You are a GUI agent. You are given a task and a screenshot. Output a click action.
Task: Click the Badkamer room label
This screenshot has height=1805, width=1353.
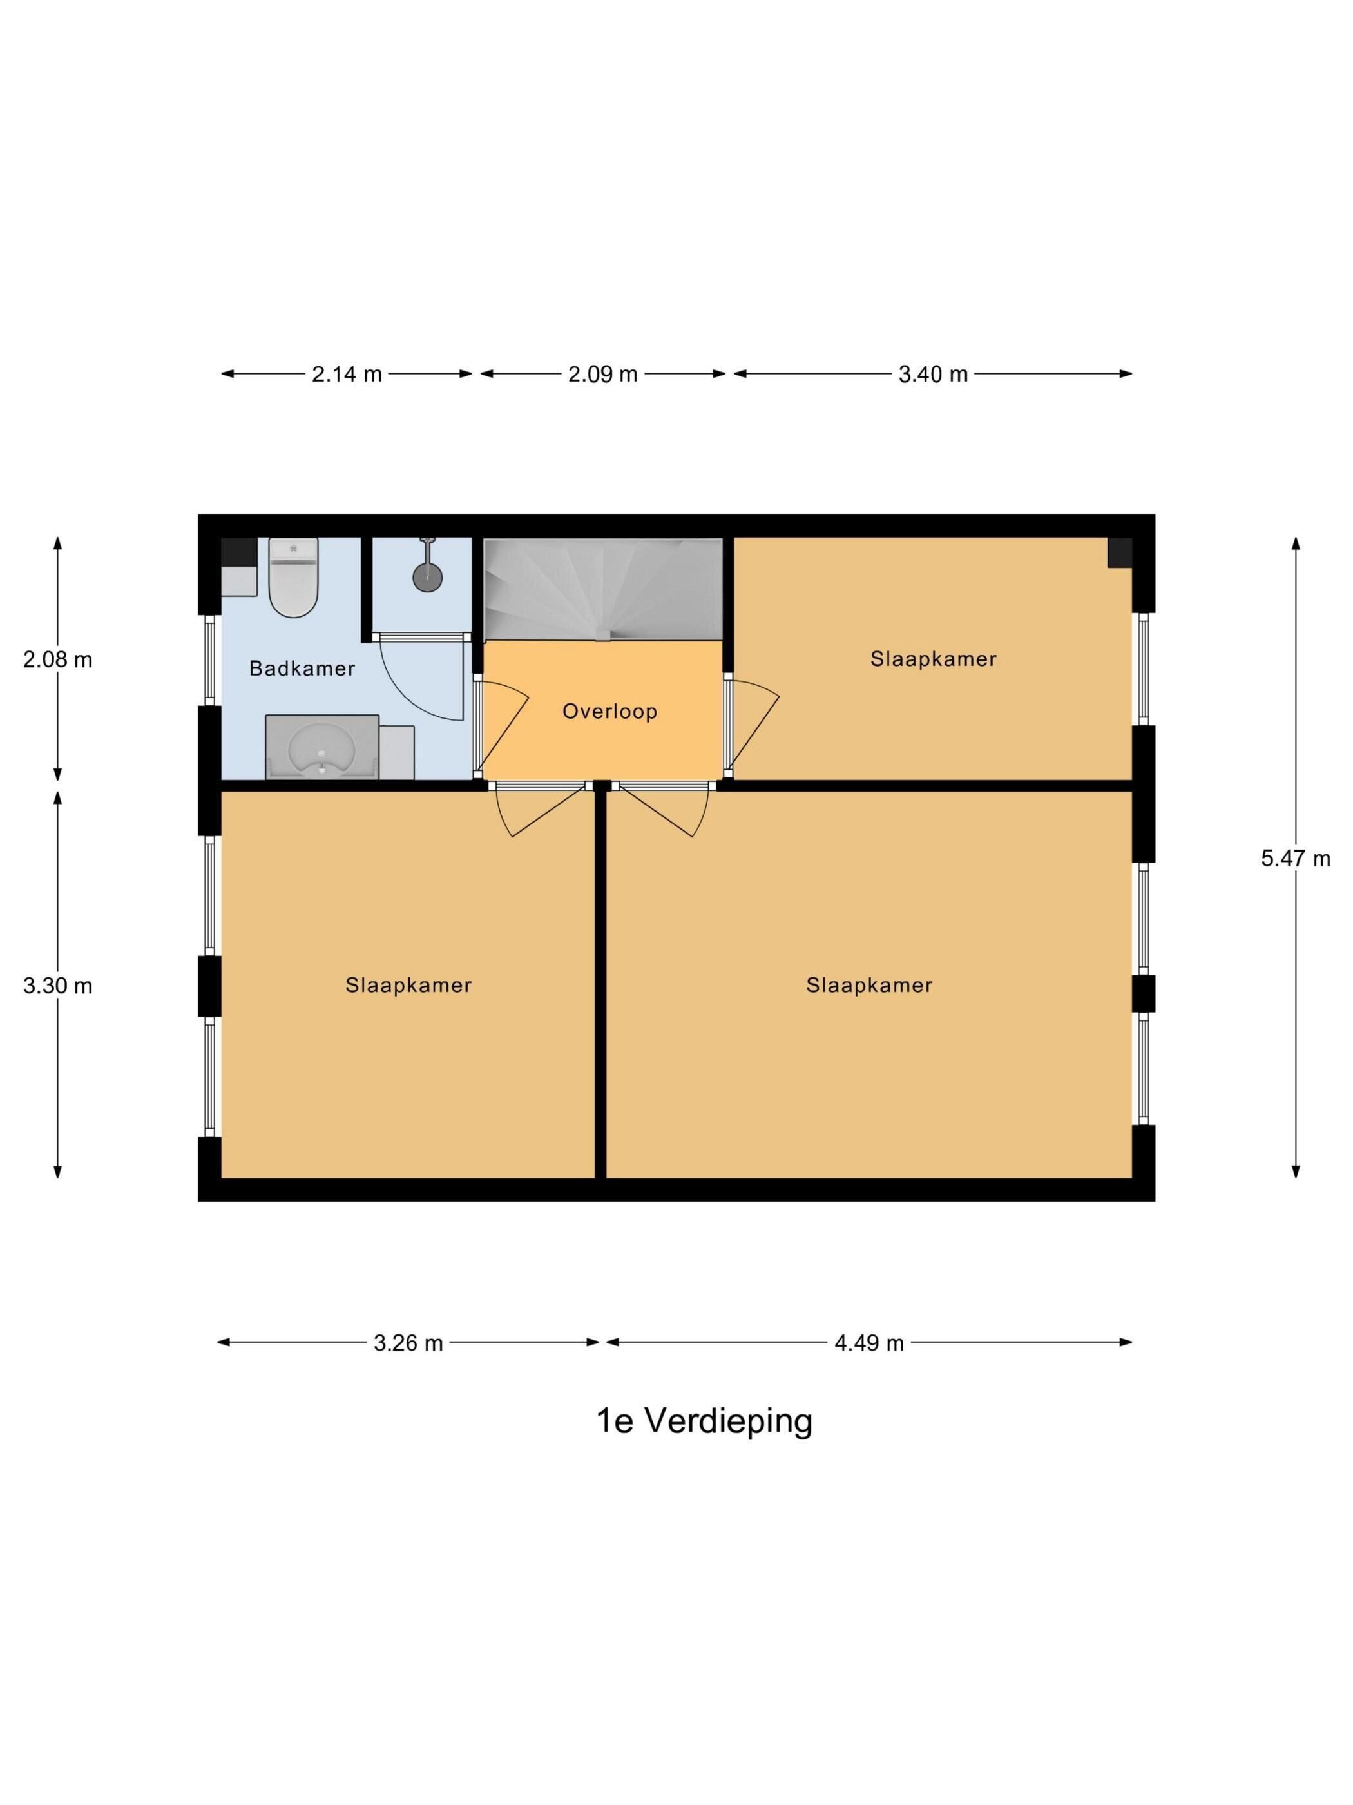pyautogui.click(x=302, y=668)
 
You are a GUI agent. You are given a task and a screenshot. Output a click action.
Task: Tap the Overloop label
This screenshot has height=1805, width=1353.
pyautogui.click(x=609, y=711)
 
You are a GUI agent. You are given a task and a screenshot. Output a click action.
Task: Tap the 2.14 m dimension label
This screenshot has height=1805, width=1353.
pyautogui.click(x=347, y=375)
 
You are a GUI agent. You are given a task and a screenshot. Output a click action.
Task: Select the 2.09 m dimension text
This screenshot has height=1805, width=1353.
pyautogui.click(x=602, y=375)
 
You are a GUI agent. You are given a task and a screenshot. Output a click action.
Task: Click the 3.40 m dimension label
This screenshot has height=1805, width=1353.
pyautogui.click(x=933, y=375)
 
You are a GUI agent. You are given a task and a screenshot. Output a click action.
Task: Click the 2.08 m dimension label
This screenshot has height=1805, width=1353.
pyautogui.click(x=57, y=659)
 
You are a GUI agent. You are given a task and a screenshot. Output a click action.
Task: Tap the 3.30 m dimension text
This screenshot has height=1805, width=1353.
pyautogui.click(x=57, y=986)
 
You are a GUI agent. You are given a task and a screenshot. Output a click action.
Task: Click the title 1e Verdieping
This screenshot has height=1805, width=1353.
pyautogui.click(x=705, y=1421)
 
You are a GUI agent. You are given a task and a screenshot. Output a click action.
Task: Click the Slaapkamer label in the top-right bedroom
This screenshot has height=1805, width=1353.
pyautogui.click(x=933, y=659)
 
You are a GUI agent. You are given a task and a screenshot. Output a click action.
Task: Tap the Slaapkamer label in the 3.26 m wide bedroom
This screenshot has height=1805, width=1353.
pyautogui.click(x=408, y=985)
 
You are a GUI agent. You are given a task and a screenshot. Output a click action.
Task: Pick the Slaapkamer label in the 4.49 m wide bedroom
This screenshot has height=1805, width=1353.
pyautogui.click(x=868, y=985)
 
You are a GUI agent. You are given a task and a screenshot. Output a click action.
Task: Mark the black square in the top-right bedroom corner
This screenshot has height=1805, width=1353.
pyautogui.click(x=1120, y=552)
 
